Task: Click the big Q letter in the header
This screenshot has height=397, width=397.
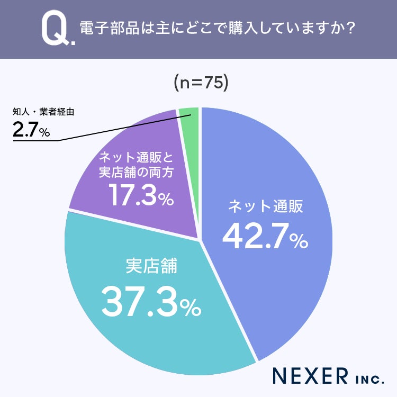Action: [x=55, y=28]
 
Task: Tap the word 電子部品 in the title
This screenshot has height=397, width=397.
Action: [x=110, y=28]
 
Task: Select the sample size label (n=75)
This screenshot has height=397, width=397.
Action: [x=201, y=83]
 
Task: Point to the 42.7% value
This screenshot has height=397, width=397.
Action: [x=265, y=236]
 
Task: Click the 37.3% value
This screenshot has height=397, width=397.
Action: [x=151, y=302]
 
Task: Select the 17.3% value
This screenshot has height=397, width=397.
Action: [x=141, y=194]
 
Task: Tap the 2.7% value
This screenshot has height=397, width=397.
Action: [x=31, y=129]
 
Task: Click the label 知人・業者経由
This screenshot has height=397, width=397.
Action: [x=43, y=112]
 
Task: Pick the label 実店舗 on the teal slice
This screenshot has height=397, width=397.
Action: [x=151, y=266]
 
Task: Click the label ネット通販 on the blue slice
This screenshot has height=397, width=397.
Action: [x=266, y=206]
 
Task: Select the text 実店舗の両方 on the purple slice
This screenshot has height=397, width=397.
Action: [x=136, y=173]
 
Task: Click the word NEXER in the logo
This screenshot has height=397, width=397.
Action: [x=310, y=376]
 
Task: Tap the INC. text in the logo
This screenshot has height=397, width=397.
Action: [x=369, y=380]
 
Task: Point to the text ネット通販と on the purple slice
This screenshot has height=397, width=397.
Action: [x=136, y=158]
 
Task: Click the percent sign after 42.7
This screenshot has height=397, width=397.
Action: [x=299, y=241]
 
